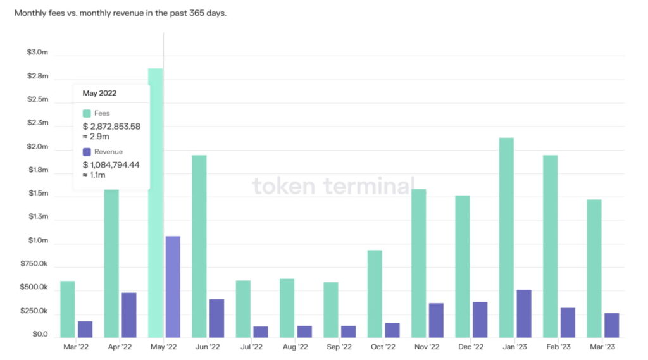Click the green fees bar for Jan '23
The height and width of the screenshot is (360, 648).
pos(506,237)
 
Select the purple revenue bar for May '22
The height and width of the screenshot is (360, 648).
pos(173,286)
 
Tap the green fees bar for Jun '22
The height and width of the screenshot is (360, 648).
pos(199,246)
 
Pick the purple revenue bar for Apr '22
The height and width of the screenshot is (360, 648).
pos(129,314)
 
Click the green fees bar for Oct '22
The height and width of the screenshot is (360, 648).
pos(375,294)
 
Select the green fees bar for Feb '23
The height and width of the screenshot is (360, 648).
pos(550,246)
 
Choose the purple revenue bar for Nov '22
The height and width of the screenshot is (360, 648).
pos(436,320)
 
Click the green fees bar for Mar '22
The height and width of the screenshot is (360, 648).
pos(68,309)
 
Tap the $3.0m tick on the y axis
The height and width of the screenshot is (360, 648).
pos(37,53)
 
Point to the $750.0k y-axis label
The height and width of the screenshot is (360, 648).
pos(35,264)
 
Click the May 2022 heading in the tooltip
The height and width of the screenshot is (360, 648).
pos(99,93)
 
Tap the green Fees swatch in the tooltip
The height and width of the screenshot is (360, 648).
pos(87,113)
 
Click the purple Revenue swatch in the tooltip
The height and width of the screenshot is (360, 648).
pos(87,152)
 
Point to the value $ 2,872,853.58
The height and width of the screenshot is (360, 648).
pos(111,127)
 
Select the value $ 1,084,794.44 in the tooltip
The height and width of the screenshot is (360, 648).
pos(111,165)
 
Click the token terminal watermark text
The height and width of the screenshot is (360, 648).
pos(333,186)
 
